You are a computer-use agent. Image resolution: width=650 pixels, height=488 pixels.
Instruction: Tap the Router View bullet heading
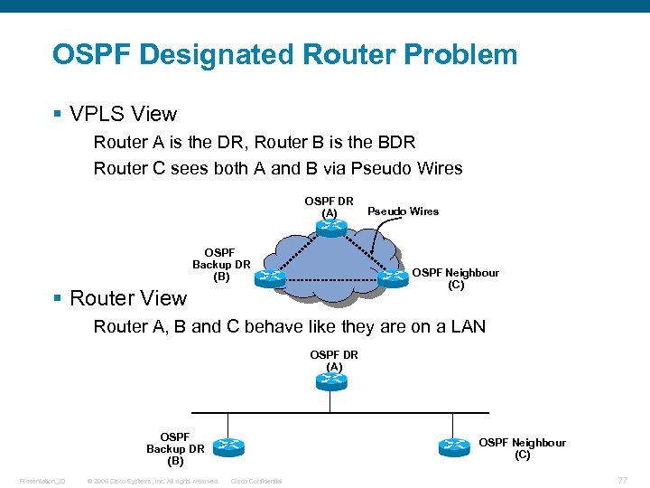point(127,298)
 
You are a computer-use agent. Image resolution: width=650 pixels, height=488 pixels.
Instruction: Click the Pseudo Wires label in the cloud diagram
point(403,211)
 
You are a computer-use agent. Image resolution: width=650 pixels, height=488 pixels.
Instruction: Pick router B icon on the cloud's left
point(270,278)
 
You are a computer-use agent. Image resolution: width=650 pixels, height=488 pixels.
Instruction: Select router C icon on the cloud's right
point(394,278)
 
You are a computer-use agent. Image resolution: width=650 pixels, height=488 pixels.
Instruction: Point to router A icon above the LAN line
point(331,381)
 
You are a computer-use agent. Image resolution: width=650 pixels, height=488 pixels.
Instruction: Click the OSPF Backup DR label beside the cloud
point(221,265)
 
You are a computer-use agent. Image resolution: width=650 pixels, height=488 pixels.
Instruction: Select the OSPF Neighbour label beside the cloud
point(455,278)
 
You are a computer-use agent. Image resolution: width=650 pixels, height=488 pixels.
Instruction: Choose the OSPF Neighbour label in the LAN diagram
point(522,448)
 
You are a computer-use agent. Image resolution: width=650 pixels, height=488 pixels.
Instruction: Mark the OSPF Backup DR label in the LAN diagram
point(175,448)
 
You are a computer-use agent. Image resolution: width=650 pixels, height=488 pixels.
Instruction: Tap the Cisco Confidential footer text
point(256,481)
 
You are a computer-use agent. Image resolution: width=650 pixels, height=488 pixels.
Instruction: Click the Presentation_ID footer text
point(42,481)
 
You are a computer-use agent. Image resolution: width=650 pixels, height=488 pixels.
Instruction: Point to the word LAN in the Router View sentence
point(464,326)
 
